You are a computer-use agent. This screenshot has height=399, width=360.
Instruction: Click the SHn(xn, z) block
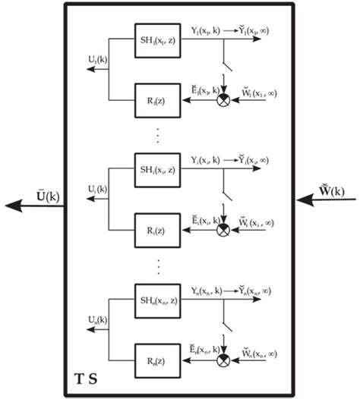158,297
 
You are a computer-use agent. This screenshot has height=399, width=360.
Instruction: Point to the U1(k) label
97,58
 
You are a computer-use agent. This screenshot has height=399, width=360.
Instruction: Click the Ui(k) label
97,187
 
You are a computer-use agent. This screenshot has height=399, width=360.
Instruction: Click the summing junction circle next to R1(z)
224,99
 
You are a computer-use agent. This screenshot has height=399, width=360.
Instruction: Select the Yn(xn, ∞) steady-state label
255,291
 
